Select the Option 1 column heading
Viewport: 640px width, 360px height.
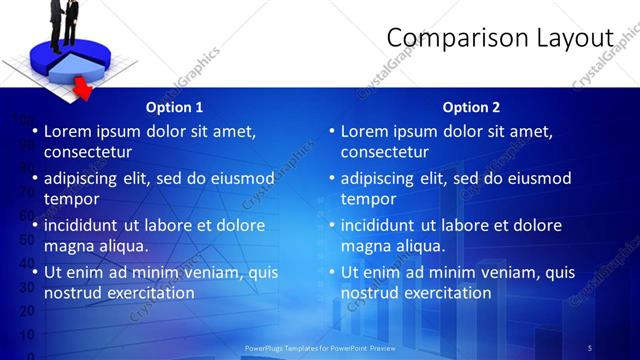174,107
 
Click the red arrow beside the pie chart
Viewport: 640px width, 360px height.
84,93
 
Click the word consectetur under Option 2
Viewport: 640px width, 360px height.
385,152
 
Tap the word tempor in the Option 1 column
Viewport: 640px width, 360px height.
71,199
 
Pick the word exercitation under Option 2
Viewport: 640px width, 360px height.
446,293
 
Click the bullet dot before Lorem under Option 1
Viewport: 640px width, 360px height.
36,132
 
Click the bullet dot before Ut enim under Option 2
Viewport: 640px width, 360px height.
333,272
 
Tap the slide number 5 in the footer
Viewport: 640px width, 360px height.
590,347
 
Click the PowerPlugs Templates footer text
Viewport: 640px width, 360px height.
320,347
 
